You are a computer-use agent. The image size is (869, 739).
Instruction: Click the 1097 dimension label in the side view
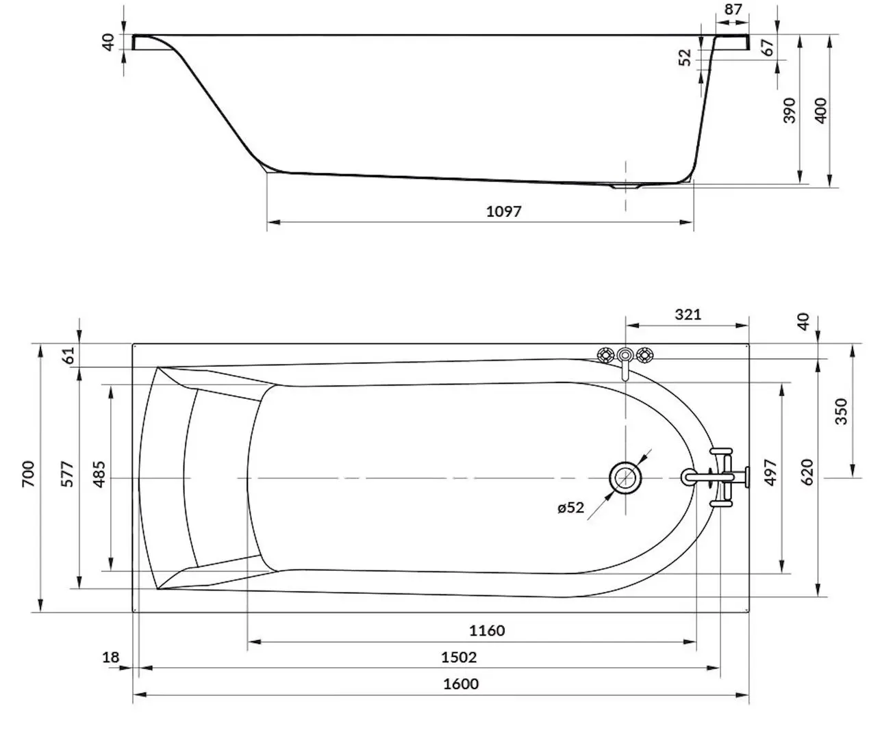click(504, 211)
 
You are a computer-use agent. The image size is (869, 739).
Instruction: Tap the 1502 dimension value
click(459, 658)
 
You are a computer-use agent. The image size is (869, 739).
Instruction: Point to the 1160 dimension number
click(487, 630)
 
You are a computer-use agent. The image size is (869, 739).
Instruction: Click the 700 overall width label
click(28, 474)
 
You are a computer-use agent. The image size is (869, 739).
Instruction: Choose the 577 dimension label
click(66, 474)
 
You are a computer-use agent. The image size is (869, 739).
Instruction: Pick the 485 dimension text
click(98, 474)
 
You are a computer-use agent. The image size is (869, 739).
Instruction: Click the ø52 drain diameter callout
click(570, 508)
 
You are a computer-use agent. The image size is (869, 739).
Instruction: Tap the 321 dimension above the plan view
click(688, 314)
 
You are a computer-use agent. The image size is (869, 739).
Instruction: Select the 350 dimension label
click(842, 411)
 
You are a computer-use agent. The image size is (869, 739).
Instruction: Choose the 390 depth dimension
click(790, 110)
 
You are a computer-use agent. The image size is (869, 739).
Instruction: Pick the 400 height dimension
click(821, 110)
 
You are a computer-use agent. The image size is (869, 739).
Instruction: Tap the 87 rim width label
click(732, 10)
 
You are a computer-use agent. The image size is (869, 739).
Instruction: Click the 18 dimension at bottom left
click(110, 658)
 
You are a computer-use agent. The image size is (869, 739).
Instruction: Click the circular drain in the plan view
click(625, 477)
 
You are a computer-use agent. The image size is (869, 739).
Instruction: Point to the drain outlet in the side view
click(625, 185)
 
